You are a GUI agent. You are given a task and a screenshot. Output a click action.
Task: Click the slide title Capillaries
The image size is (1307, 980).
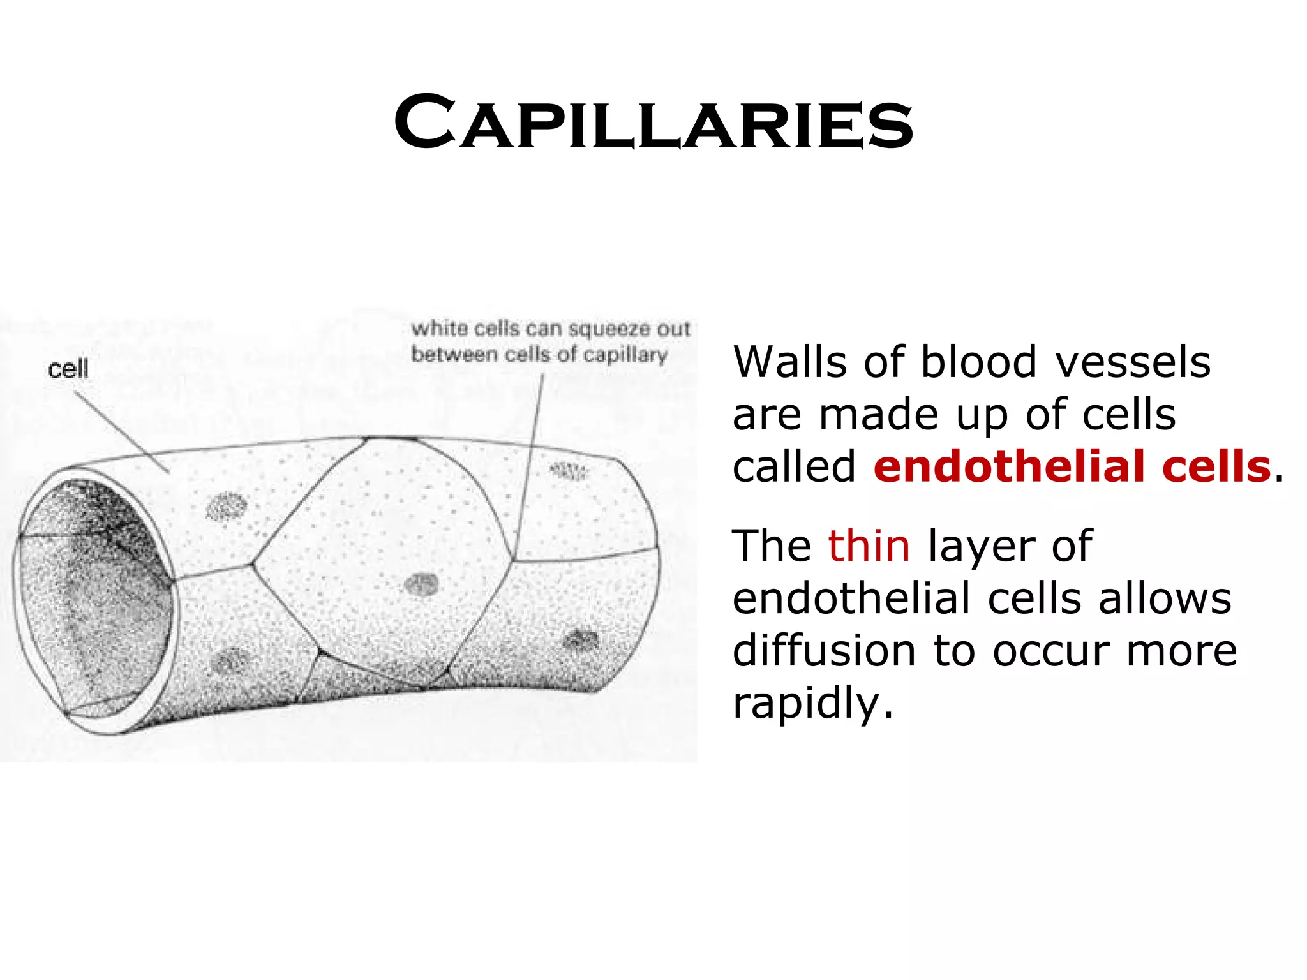(x=653, y=122)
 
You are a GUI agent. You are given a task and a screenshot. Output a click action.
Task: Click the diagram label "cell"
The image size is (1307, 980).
(x=68, y=369)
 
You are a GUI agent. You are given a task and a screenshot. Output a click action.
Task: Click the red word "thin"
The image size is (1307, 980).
(x=869, y=546)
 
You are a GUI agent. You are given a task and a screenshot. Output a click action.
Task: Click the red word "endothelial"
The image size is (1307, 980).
(x=1009, y=466)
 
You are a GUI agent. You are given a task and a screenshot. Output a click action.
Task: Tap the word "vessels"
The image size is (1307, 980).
(x=1132, y=362)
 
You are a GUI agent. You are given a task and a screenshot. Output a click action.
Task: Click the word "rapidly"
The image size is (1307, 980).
(x=812, y=703)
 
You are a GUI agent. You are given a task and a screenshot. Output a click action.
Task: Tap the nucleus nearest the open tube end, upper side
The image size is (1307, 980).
(x=227, y=507)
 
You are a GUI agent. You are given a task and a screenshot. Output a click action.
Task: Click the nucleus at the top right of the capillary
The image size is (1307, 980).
(x=568, y=471)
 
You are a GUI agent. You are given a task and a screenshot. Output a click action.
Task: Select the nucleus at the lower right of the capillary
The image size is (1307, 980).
(x=581, y=639)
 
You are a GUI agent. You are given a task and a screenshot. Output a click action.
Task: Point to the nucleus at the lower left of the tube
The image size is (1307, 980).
(x=230, y=661)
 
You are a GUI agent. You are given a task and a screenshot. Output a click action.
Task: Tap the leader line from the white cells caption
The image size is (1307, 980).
(x=530, y=459)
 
